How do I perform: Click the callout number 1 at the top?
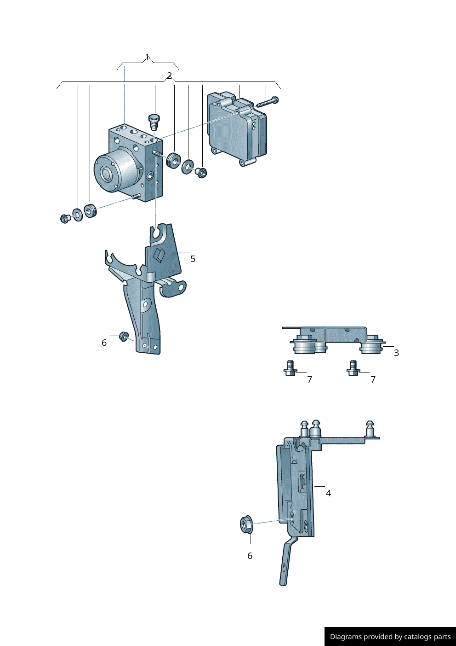click(148, 57)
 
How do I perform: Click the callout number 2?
click(169, 76)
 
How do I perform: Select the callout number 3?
click(396, 353)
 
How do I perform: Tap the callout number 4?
click(329, 493)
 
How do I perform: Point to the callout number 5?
click(193, 259)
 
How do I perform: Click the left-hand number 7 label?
click(310, 379)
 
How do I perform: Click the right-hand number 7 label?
click(373, 379)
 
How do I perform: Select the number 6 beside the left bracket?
click(104, 343)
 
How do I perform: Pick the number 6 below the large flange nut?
click(250, 556)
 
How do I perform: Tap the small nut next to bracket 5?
click(124, 336)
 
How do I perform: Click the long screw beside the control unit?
click(267, 102)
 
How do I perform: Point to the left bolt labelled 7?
click(289, 368)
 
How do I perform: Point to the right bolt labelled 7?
click(353, 368)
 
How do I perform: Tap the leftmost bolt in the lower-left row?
click(64, 219)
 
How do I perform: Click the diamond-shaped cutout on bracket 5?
click(160, 254)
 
